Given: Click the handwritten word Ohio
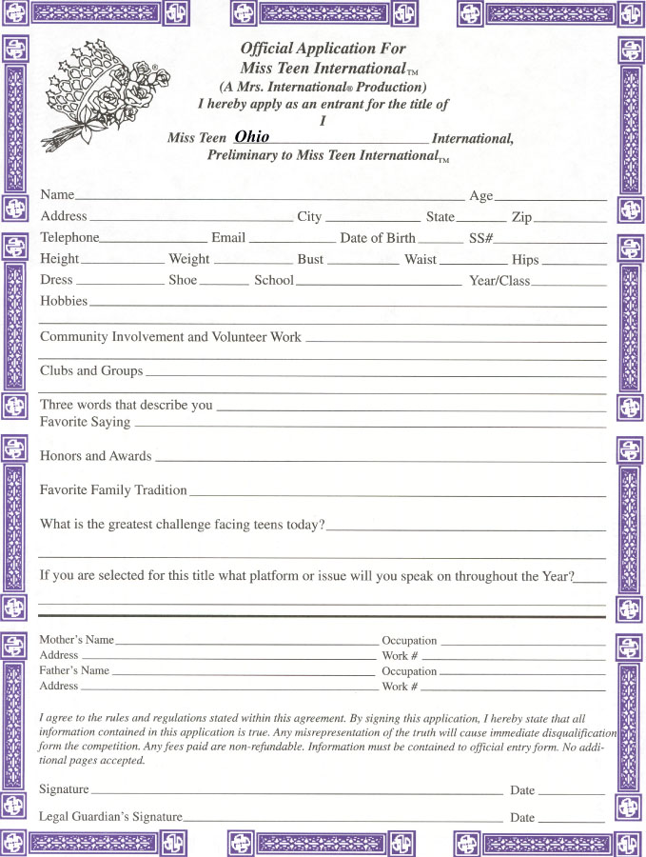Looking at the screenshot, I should pyautogui.click(x=252, y=137).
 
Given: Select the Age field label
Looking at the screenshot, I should pyautogui.click(x=481, y=195).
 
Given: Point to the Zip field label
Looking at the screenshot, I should pyautogui.click(x=521, y=217).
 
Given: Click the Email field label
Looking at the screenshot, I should pyautogui.click(x=228, y=238).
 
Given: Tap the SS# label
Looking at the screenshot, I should pyautogui.click(x=480, y=238).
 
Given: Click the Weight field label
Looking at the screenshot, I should pyautogui.click(x=189, y=259).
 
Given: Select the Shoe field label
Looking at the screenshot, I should pyautogui.click(x=183, y=281).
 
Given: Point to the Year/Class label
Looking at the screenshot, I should pyautogui.click(x=499, y=282).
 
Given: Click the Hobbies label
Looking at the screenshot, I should pyautogui.click(x=64, y=301).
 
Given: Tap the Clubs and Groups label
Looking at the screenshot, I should pyautogui.click(x=91, y=370).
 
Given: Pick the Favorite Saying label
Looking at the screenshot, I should pyautogui.click(x=85, y=422).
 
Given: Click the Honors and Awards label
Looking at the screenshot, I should pyautogui.click(x=95, y=456).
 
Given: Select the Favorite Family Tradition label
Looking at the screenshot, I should pyautogui.click(x=113, y=490).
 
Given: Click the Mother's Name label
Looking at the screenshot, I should pyautogui.click(x=76, y=640).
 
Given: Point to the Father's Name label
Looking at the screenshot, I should pyautogui.click(x=74, y=670).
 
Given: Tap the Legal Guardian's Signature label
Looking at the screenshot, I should pyautogui.click(x=110, y=817).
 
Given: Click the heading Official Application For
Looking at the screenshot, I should pyautogui.click(x=323, y=49).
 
